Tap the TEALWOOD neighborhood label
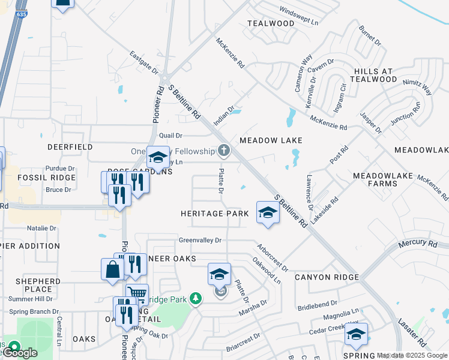tap(271, 23)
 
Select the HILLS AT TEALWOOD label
tap(367, 75)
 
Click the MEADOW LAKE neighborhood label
tap(270, 140)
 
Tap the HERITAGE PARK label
tap(215, 214)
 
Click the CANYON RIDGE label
tap(327, 277)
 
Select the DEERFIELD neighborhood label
tap(70, 146)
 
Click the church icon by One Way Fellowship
tap(224, 150)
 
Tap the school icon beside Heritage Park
tap(268, 212)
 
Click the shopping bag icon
tap(112, 269)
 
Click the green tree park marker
tap(194, 298)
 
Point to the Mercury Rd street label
tap(418, 244)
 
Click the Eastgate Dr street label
tap(144, 63)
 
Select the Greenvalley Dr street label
tap(200, 240)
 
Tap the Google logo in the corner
tap(19, 353)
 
